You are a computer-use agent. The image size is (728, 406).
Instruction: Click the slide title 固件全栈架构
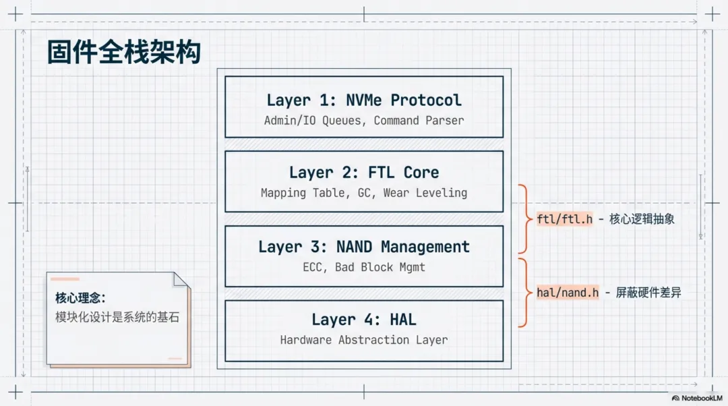(124, 51)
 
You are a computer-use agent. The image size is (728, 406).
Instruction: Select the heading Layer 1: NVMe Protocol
(364, 100)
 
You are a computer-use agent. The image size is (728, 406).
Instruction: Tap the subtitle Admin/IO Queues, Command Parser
(364, 120)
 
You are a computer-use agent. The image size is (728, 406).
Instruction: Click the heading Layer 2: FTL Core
(364, 173)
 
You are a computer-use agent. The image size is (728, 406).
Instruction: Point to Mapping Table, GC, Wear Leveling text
(364, 193)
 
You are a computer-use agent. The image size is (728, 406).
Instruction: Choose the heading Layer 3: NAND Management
(364, 247)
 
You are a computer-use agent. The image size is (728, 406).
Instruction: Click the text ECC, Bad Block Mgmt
(364, 267)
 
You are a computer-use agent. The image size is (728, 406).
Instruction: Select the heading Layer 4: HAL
(364, 320)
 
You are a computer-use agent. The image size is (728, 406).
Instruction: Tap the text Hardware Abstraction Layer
(364, 340)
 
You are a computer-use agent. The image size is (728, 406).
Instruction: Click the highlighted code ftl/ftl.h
(565, 219)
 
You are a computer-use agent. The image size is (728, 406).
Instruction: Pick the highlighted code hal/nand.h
(568, 292)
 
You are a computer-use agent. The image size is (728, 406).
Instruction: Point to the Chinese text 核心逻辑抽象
(642, 219)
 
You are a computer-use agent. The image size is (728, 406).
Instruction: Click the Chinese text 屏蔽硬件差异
(648, 292)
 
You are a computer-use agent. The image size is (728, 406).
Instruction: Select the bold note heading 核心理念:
(80, 298)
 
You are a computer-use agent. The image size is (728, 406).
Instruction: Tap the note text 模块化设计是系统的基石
(117, 317)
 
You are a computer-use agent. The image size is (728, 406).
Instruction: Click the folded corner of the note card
(181, 280)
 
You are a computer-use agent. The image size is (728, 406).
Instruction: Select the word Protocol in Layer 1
(426, 100)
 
